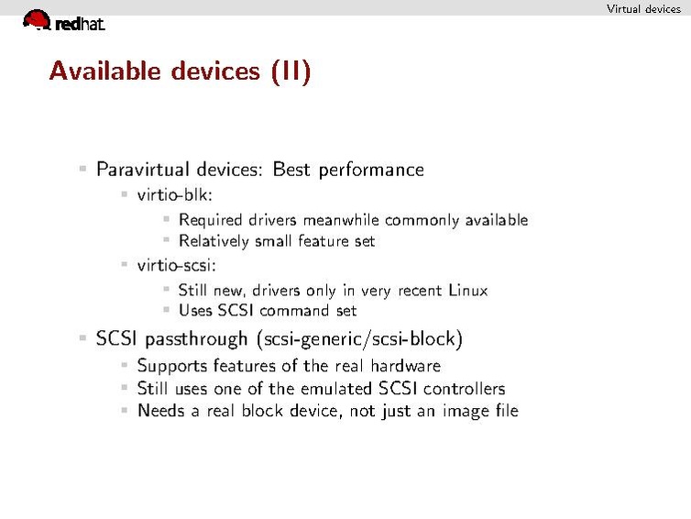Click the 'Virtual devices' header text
point(643,9)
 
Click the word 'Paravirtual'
point(142,170)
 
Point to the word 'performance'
point(371,171)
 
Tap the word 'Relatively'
point(214,241)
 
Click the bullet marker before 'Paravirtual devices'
point(82,169)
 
